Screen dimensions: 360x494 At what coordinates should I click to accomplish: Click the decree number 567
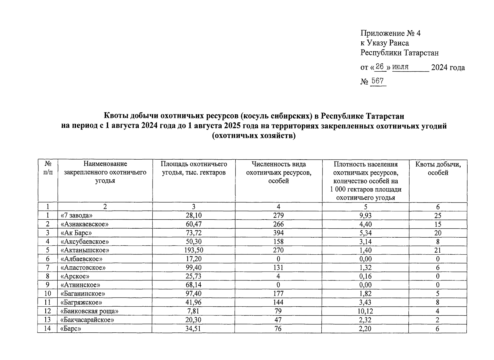(x=377, y=81)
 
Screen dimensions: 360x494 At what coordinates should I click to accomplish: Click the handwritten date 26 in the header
(x=380, y=67)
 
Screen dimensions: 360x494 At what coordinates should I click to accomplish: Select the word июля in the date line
(x=400, y=67)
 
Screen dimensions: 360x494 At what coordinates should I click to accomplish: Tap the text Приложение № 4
(x=390, y=33)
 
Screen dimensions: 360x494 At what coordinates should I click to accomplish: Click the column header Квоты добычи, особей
(x=438, y=168)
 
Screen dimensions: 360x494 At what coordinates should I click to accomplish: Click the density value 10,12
(x=365, y=311)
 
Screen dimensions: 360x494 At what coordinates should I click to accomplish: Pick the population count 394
(x=278, y=233)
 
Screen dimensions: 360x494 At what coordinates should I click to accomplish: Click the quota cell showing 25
(x=438, y=216)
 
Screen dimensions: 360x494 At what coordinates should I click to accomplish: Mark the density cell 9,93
(x=365, y=216)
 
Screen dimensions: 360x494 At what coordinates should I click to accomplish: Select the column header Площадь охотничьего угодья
(x=194, y=168)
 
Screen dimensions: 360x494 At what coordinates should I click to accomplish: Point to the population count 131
(x=278, y=268)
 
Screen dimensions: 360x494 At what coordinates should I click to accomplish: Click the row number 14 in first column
(x=47, y=329)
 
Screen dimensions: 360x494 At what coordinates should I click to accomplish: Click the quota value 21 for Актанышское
(x=438, y=250)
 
